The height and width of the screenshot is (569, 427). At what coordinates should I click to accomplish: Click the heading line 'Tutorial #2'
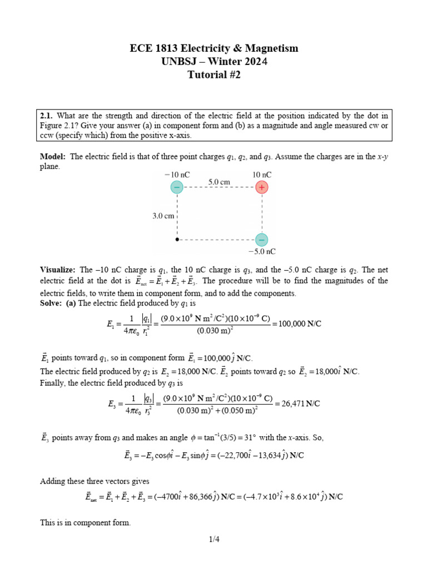coord(214,76)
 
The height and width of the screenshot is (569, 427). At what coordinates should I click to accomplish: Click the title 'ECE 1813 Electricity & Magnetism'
coord(214,48)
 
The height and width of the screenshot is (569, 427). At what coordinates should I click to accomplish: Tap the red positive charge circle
coord(261,188)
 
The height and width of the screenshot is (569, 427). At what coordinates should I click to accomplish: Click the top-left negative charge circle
coord(177,188)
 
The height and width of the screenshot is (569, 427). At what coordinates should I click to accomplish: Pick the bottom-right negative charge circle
coord(261,239)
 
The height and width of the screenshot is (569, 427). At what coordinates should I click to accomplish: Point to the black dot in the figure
coord(177,239)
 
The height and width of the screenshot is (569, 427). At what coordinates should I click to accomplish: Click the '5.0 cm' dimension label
coord(219,181)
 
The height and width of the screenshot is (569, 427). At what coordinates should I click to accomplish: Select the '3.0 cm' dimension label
coord(163,215)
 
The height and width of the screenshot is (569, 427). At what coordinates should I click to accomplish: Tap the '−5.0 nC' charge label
coord(261,252)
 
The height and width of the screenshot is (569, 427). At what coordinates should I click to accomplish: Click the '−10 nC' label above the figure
coord(177,174)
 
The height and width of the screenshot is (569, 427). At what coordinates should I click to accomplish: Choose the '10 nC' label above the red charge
coord(262,174)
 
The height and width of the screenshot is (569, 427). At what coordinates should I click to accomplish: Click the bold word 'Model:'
coord(53,157)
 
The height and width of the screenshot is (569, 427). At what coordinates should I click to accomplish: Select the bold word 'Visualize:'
coord(58,269)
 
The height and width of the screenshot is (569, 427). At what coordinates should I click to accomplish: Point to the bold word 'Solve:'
coord(52,303)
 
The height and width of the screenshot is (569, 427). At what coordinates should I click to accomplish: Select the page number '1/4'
coord(214,538)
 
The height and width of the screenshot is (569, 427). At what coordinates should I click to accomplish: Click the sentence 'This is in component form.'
coord(85,522)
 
